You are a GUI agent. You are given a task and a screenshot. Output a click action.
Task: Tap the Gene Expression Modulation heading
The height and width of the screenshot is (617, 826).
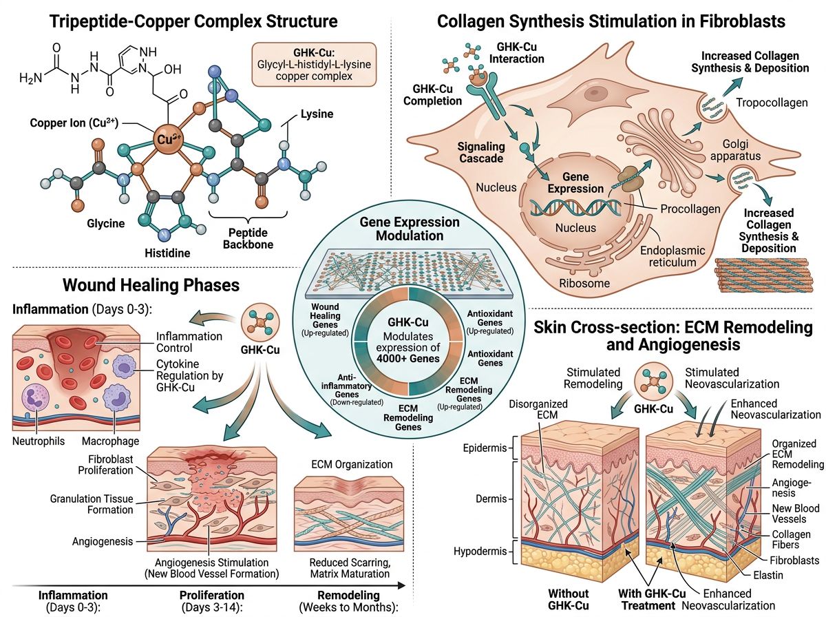409,229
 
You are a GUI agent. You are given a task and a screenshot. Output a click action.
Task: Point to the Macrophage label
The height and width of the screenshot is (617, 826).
110,441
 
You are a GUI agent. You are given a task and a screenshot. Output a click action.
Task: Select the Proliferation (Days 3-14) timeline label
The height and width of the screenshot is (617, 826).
212,600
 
